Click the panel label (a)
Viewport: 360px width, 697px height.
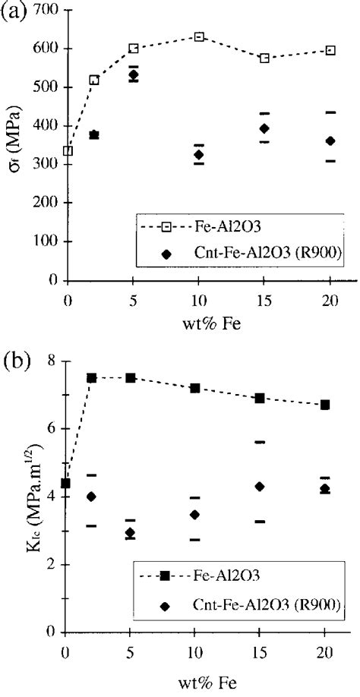click(x=14, y=14)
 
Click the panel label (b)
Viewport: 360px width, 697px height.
click(x=14, y=358)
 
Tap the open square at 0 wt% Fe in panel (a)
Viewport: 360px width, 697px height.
click(x=68, y=150)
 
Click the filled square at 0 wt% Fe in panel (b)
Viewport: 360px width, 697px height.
click(x=66, y=483)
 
